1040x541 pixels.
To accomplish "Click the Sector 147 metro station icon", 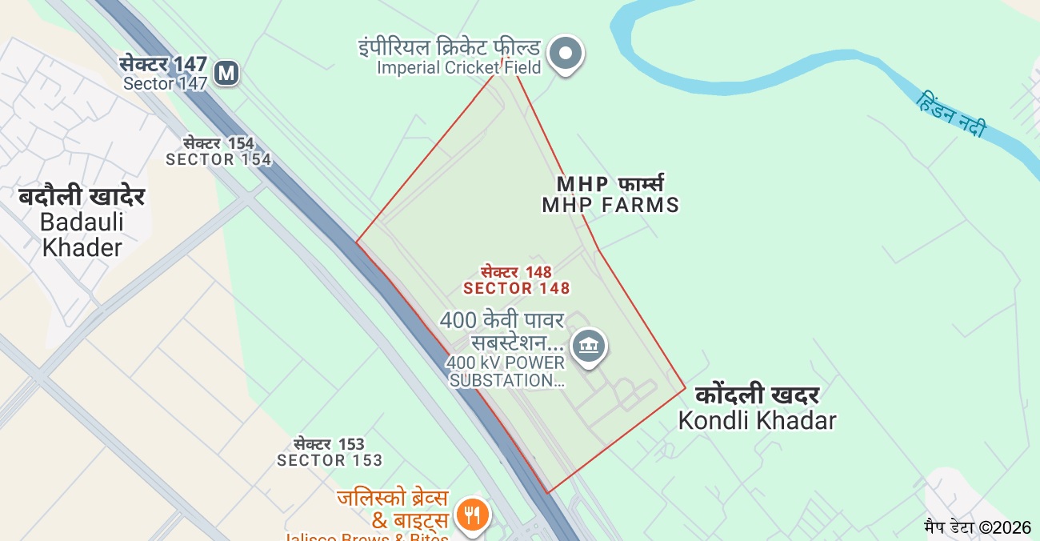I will click(227, 73).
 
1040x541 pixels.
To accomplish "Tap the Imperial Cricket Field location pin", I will click(567, 54).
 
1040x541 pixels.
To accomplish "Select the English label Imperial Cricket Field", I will click(458, 68).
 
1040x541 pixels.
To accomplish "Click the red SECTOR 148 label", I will click(517, 288).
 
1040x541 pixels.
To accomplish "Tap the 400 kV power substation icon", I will click(590, 346).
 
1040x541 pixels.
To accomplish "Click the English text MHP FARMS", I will click(610, 205).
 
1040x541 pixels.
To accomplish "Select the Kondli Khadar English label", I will click(757, 420).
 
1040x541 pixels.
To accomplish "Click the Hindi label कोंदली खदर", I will click(757, 395).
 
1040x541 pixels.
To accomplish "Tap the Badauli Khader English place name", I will click(82, 234).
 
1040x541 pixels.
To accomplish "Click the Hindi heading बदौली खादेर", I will click(82, 196).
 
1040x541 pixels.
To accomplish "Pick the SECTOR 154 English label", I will click(218, 159).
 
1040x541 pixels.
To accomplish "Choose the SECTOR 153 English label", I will click(330, 460).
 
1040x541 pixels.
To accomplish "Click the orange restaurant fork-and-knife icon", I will click(472, 514).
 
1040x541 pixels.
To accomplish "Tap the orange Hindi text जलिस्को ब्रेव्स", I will click(392, 498).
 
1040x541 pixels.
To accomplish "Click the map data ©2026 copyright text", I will click(977, 527).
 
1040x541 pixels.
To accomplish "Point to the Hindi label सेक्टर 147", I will click(163, 64).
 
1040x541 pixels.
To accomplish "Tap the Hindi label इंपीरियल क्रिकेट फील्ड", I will click(449, 47).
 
